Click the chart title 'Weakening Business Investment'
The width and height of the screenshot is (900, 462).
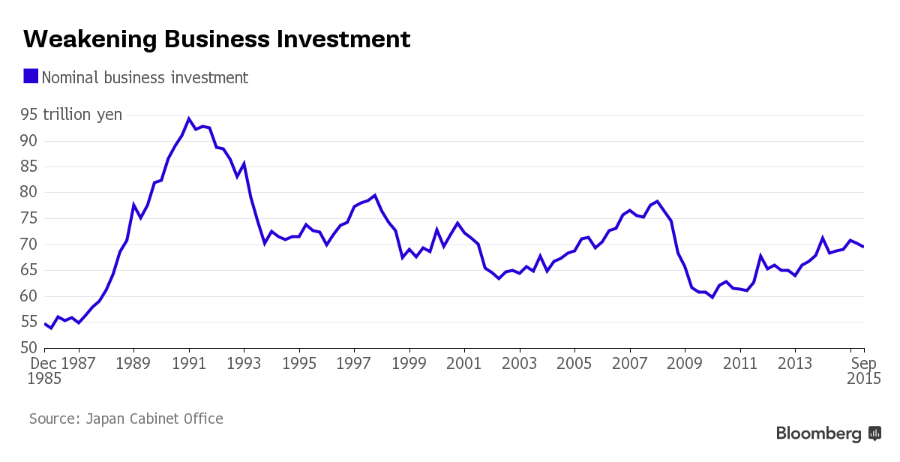pyautogui.click(x=217, y=39)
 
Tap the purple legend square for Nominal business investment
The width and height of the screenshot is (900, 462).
pyautogui.click(x=31, y=76)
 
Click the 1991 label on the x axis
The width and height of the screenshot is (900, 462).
pyautogui.click(x=189, y=364)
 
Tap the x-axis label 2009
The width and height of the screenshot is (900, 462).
pyautogui.click(x=685, y=364)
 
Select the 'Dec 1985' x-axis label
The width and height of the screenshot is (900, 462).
pyautogui.click(x=46, y=371)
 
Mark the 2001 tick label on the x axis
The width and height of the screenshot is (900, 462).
pyautogui.click(x=464, y=364)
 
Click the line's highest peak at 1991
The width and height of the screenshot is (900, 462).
pyautogui.click(x=189, y=118)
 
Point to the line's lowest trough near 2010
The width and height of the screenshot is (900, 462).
pyautogui.click(x=712, y=298)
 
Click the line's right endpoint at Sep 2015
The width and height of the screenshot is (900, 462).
pyautogui.click(x=864, y=247)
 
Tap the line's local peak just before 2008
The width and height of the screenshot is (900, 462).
pyautogui.click(x=657, y=201)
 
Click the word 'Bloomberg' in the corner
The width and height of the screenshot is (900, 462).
pyautogui.click(x=818, y=433)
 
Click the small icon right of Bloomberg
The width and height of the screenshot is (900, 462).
pyautogui.click(x=874, y=433)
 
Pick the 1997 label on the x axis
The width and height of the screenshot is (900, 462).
pyautogui.click(x=354, y=364)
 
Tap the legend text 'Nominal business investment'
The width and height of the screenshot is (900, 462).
pyautogui.click(x=145, y=77)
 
